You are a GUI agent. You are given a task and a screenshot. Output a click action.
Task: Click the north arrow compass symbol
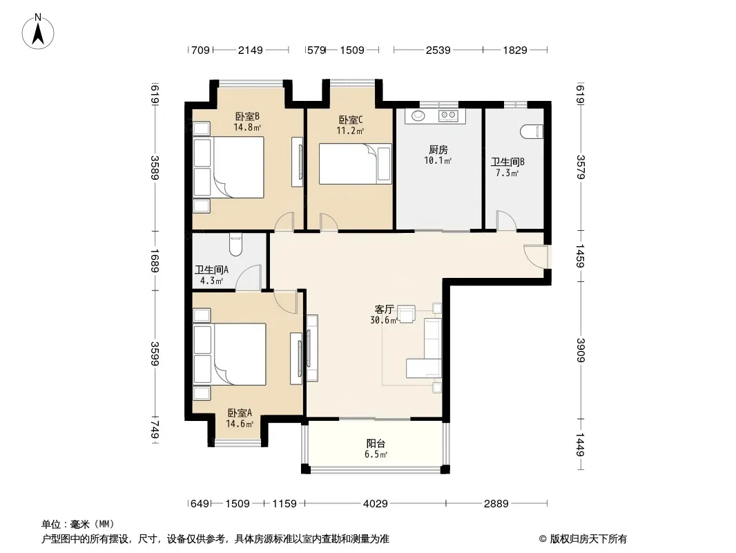click(38, 32)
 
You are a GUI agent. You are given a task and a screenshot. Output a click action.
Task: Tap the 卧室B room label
click(247, 116)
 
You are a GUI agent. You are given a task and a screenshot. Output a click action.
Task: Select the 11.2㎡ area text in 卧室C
click(349, 131)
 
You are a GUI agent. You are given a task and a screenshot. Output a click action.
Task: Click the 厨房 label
click(438, 150)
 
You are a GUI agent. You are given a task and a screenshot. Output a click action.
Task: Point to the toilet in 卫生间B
click(532, 131)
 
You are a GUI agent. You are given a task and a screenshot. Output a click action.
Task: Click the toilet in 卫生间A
click(235, 244)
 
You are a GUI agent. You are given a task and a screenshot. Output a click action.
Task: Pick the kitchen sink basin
click(417, 115)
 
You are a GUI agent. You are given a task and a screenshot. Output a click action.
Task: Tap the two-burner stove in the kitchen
click(448, 115)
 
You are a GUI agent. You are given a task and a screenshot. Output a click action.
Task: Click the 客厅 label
click(384, 309)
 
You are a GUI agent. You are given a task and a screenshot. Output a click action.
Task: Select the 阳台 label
click(376, 443)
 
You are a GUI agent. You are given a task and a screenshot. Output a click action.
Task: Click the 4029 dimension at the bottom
click(376, 504)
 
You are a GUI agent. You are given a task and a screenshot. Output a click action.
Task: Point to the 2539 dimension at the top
click(438, 50)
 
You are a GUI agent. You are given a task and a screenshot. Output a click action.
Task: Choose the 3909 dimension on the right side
click(580, 350)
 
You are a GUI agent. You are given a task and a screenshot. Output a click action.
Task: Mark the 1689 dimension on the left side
click(155, 261)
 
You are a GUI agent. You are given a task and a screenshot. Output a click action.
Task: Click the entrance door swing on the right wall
click(536, 256)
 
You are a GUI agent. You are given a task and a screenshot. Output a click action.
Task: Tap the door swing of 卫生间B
click(506, 221)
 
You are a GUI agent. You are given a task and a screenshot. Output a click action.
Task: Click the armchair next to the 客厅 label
click(406, 314)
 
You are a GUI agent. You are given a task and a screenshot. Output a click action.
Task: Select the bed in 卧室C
click(356, 164)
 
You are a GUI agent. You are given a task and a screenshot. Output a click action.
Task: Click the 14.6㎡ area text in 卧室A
click(240, 424)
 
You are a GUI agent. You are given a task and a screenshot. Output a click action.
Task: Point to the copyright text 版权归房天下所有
click(588, 539)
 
